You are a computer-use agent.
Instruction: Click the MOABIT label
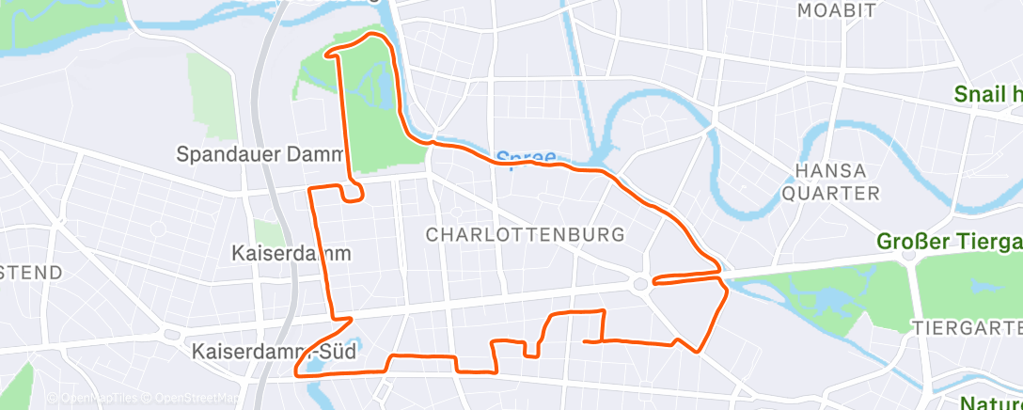tap(836, 11)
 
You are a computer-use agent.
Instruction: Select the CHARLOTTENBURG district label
tap(526, 234)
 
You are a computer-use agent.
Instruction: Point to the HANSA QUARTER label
tap(837, 182)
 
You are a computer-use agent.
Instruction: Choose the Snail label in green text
tap(987, 94)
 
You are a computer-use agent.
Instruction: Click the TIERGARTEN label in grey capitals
tap(967, 327)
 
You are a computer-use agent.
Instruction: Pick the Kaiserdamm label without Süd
tap(291, 254)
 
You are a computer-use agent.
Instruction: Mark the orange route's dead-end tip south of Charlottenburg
tap(586, 340)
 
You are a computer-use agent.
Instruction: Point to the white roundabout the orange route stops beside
tap(640, 283)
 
